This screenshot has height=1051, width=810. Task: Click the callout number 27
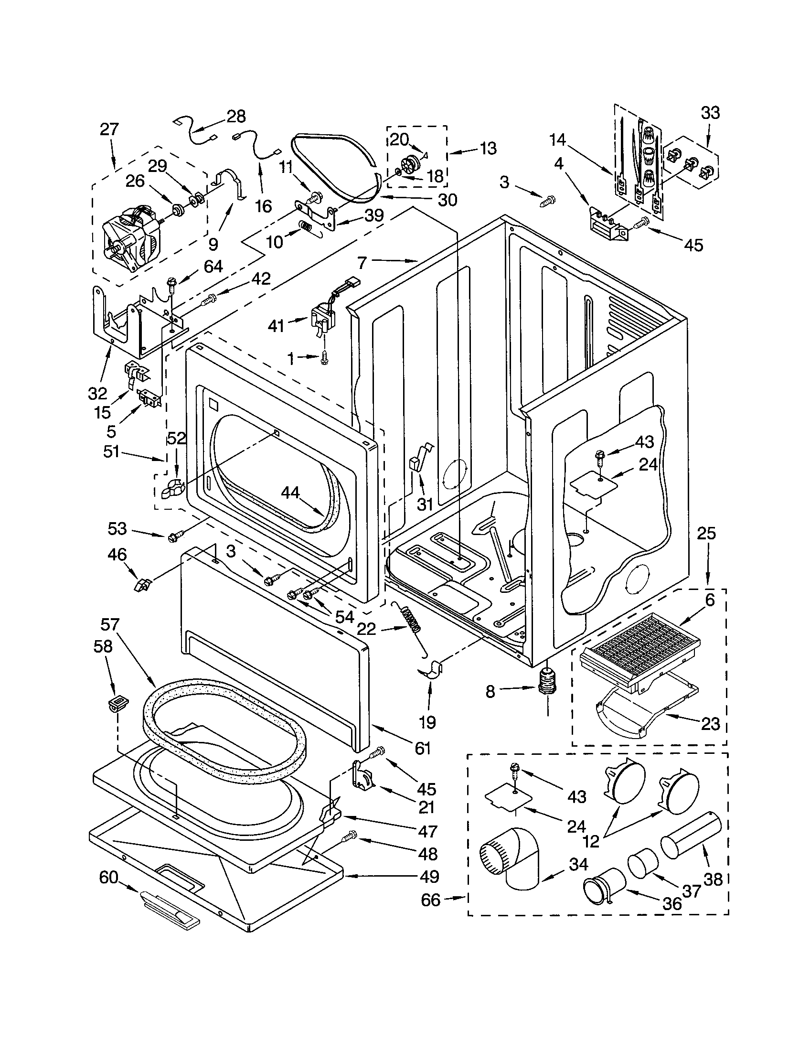pos(109,129)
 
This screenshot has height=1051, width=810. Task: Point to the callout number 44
pos(290,492)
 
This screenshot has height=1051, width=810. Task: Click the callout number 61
pos(422,748)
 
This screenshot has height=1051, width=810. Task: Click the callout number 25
pos(706,533)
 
